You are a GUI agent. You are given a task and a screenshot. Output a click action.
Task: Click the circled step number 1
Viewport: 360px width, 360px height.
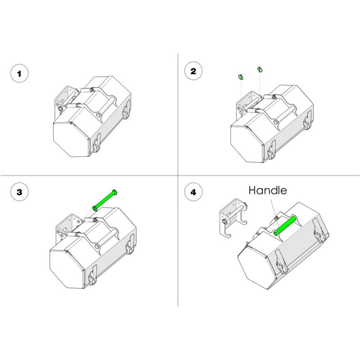click(x=19, y=73)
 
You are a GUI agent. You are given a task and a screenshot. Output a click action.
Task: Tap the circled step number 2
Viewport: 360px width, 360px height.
click(x=193, y=71)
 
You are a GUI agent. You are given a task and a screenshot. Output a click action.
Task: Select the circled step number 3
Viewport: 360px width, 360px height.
click(x=19, y=192)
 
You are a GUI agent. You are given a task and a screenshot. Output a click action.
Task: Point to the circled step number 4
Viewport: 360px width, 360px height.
click(x=193, y=192)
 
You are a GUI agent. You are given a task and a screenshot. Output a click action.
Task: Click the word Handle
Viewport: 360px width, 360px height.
click(x=268, y=190)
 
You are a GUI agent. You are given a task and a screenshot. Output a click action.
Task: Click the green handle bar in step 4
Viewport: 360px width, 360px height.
click(x=284, y=226)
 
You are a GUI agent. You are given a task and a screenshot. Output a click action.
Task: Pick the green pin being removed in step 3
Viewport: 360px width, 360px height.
click(x=105, y=200)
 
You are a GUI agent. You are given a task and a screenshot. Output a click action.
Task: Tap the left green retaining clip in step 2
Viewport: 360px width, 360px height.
click(x=241, y=77)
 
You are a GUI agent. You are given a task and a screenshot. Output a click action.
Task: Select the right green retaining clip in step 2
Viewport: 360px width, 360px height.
click(x=260, y=69)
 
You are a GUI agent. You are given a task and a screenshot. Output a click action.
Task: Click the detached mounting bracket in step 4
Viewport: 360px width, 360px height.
click(x=233, y=218)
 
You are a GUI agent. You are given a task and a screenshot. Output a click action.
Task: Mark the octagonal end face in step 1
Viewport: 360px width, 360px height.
click(x=71, y=139)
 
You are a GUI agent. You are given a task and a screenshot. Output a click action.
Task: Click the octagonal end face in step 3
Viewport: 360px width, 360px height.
click(x=67, y=269)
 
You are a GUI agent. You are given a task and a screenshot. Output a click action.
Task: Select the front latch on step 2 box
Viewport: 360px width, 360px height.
click(x=272, y=150)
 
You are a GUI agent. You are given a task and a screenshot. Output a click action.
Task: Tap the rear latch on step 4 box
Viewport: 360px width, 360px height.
click(x=319, y=230)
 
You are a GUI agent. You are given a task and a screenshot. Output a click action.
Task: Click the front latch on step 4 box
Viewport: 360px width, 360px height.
click(x=282, y=262)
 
